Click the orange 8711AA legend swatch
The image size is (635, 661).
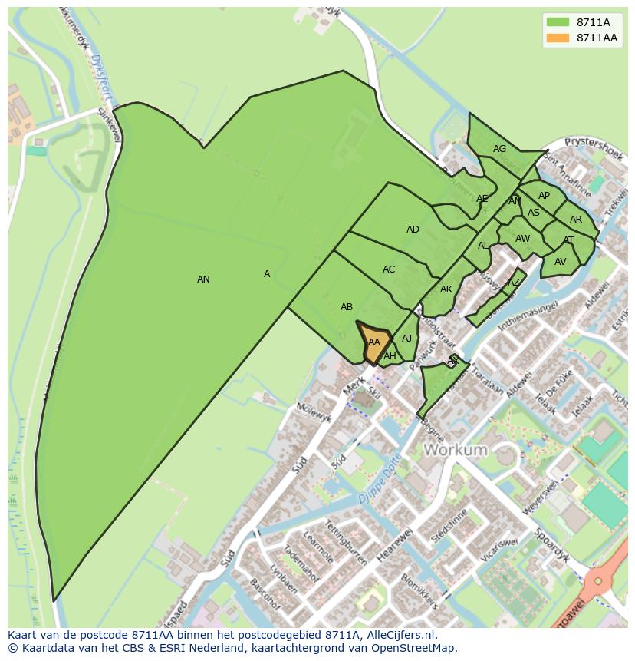tap(558, 38)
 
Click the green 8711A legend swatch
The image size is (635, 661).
tap(558, 21)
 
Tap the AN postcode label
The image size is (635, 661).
tap(203, 279)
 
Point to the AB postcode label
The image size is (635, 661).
tap(347, 307)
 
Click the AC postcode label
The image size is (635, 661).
tap(389, 269)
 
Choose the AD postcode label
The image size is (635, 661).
tap(413, 230)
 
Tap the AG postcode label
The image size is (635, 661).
tap(499, 149)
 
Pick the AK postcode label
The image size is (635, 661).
tap(446, 289)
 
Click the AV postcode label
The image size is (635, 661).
tap(560, 262)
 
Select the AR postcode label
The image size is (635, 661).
tap(576, 220)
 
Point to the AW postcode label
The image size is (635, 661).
tap(522, 239)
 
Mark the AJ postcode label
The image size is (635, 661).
tap(406, 339)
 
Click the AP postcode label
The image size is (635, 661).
tap(544, 196)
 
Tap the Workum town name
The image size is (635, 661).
tap(456, 449)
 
